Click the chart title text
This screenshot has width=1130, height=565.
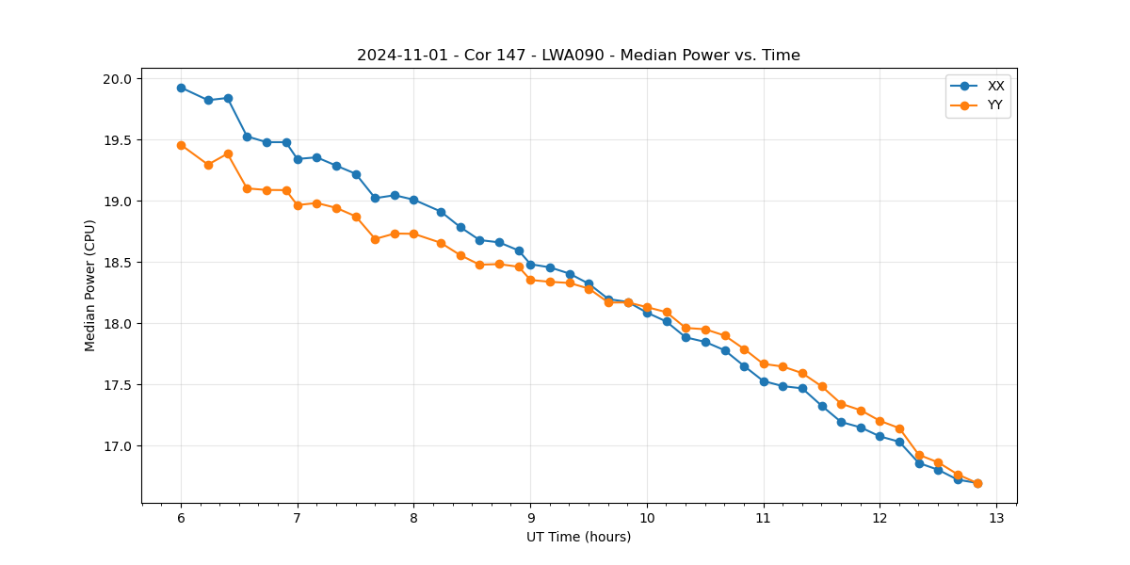coord(578,56)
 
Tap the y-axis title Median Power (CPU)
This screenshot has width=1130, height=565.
coord(90,285)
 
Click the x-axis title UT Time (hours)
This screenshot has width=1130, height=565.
coord(578,537)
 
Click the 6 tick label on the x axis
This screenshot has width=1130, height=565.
coord(181,519)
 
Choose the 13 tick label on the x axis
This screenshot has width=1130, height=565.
coord(996,519)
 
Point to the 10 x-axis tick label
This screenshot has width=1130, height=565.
coord(647,519)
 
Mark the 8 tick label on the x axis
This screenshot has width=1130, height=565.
coord(413,519)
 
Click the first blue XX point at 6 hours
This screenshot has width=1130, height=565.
coord(181,88)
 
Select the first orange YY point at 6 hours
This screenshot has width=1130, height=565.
coord(181,145)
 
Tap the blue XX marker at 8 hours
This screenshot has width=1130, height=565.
coord(413,200)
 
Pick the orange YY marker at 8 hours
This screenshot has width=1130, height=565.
coord(413,234)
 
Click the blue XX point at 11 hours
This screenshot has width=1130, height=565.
coord(764,381)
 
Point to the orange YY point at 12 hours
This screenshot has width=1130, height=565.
coord(880,421)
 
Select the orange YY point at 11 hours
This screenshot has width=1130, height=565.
coord(764,363)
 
